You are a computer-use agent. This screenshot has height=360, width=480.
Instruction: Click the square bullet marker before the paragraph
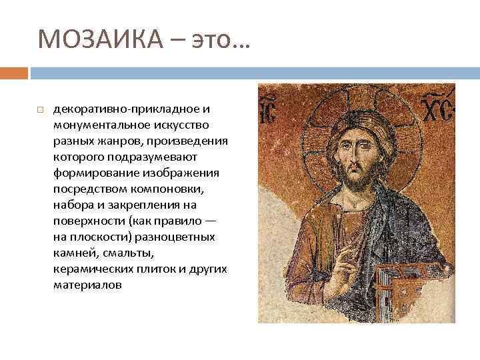[x=40, y=108]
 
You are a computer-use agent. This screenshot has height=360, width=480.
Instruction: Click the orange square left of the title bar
[x=14, y=72]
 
